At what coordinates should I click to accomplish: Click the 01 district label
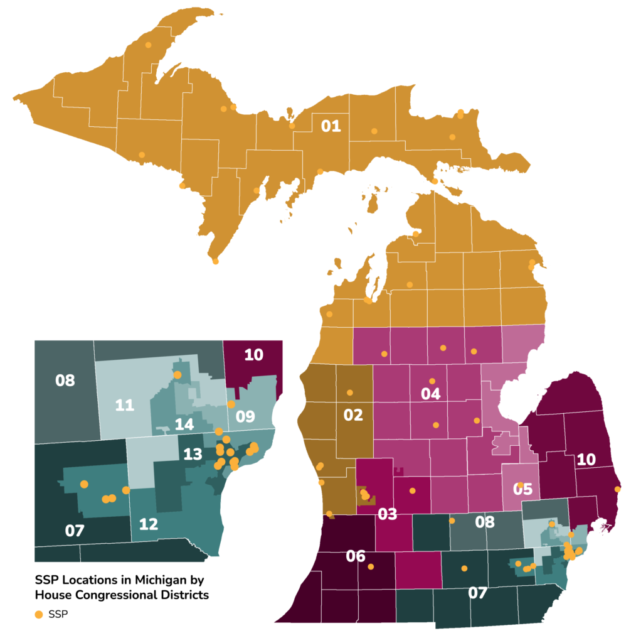click(x=331, y=126)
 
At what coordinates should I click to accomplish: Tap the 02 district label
click(x=353, y=415)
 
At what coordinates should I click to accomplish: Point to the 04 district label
click(x=431, y=394)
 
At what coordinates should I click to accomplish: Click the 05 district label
click(x=522, y=490)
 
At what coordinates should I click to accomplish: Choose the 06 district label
click(x=356, y=556)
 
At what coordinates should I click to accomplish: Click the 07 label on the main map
click(x=478, y=593)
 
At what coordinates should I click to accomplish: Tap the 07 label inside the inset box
click(x=75, y=531)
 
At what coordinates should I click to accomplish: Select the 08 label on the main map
click(x=485, y=522)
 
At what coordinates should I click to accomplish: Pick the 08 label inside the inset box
click(x=65, y=381)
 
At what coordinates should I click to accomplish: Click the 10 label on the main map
click(x=586, y=460)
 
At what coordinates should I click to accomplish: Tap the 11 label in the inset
click(x=125, y=406)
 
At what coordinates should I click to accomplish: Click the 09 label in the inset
click(x=245, y=417)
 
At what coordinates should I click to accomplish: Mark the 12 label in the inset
click(x=149, y=524)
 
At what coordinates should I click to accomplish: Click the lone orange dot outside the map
click(x=39, y=615)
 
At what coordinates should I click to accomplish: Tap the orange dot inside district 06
click(x=371, y=567)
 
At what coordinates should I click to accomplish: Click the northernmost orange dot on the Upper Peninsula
click(x=149, y=45)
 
